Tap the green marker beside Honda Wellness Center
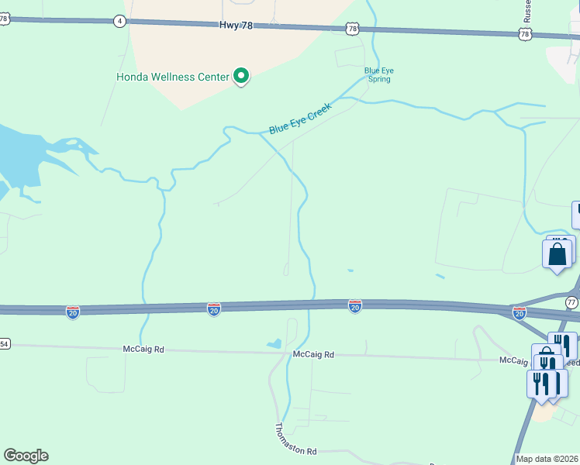point(241,76)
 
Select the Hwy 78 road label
point(236,26)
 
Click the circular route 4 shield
point(119,21)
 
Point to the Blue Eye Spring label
point(379,74)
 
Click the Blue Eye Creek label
point(300,119)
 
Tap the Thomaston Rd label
point(295,439)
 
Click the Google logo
point(26,456)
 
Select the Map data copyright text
point(547,459)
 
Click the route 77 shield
point(571,301)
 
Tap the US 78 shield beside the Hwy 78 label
point(353,29)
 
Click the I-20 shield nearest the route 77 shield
point(519,312)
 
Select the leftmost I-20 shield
point(72,312)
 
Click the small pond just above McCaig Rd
point(274,343)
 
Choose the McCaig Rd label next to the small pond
point(313,354)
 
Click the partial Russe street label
point(527,10)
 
